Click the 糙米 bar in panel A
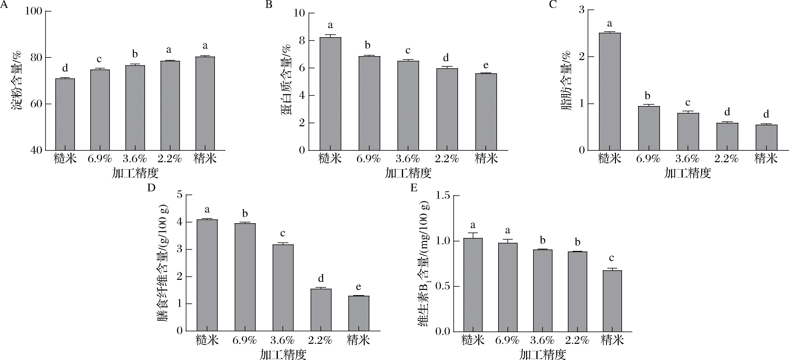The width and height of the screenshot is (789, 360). pyautogui.click(x=65, y=114)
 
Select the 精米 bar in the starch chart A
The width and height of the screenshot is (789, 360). pyautogui.click(x=205, y=104)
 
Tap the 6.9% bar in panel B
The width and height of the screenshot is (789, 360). pyautogui.click(x=369, y=103)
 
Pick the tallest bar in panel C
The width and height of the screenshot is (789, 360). pyautogui.click(x=609, y=91)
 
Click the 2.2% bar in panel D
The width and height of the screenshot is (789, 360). pyautogui.click(x=321, y=309)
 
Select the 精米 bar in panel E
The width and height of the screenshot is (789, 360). pyautogui.click(x=612, y=301)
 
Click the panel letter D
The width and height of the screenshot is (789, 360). pyautogui.click(x=151, y=187)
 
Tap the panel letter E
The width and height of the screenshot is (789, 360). pyautogui.click(x=414, y=187)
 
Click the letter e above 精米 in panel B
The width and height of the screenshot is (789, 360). pyautogui.click(x=486, y=65)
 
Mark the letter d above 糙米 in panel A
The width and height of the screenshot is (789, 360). pyautogui.click(x=65, y=68)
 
